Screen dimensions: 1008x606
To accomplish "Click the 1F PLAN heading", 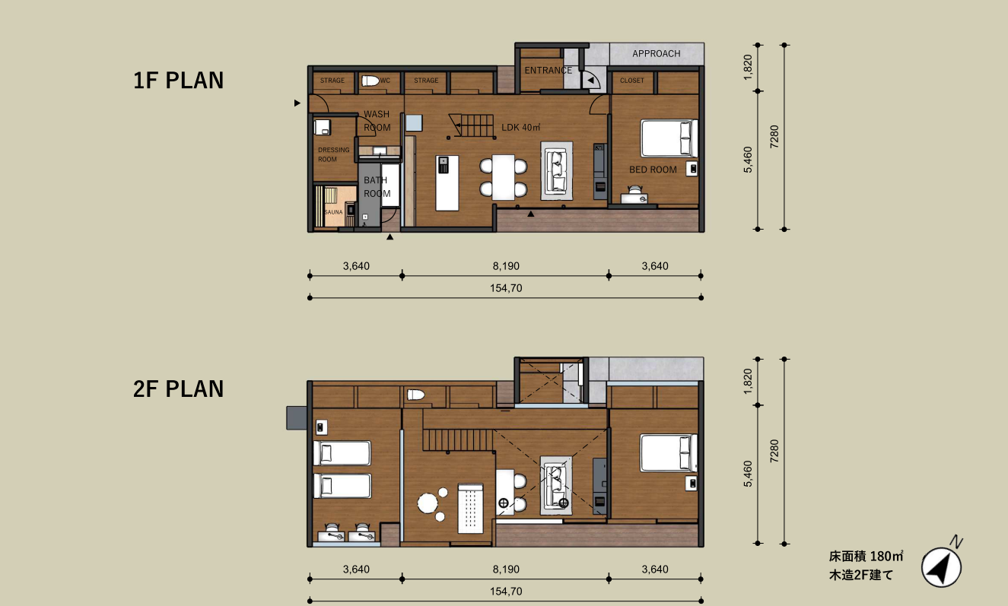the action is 178,80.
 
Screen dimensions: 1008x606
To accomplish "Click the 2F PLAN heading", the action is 178,389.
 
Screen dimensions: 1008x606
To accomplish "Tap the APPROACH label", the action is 656,53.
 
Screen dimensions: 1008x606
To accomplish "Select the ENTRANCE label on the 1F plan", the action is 548,70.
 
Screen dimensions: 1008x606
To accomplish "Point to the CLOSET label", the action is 631,81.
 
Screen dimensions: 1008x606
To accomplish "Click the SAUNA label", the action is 333,212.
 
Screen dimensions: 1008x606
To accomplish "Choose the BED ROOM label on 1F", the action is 653,170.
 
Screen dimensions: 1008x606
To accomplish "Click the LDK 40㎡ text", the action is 520,127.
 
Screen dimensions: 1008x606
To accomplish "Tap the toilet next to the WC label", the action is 370,81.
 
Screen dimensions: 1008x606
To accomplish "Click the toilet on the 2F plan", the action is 416,395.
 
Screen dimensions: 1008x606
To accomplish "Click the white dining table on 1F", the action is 503,177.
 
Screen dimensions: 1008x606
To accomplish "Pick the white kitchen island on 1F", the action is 447,183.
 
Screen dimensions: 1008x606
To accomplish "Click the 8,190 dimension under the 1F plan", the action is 506,266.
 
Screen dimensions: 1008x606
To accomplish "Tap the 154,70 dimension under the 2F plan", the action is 506,591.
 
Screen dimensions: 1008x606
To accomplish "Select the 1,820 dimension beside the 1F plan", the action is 748,68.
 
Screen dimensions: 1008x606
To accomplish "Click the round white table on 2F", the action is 428,503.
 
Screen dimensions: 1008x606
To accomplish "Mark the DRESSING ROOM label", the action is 333,154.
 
